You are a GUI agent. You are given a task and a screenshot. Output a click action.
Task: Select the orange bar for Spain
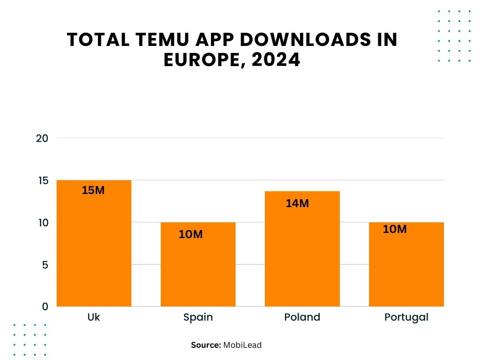[x=198, y=267]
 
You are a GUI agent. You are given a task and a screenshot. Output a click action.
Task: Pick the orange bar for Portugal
[x=406, y=267]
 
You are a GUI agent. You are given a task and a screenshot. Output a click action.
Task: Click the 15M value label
[x=93, y=191]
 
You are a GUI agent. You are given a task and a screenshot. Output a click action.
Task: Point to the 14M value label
[x=297, y=203]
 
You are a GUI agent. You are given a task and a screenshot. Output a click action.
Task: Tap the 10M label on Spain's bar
[x=191, y=234]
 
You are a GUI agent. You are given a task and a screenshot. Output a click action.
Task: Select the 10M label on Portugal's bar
[x=395, y=229]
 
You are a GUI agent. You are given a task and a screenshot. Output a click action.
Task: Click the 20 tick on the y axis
[x=42, y=138]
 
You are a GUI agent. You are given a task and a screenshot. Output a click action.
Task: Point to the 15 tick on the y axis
[x=42, y=180]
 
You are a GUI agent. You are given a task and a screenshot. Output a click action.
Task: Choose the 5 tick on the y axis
[x=45, y=265]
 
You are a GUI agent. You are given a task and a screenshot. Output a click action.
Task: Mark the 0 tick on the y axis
[x=45, y=307]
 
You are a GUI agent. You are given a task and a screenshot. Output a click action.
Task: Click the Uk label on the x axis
[x=94, y=317]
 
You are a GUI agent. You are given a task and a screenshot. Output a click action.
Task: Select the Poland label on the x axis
[x=302, y=317]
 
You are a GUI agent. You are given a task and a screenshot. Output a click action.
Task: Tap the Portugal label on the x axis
[x=406, y=317]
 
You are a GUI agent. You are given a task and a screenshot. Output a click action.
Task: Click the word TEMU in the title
[x=151, y=40]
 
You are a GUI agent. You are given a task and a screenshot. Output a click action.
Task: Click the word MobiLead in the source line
[x=242, y=345]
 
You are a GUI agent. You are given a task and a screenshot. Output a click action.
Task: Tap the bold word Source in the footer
[x=206, y=345]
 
